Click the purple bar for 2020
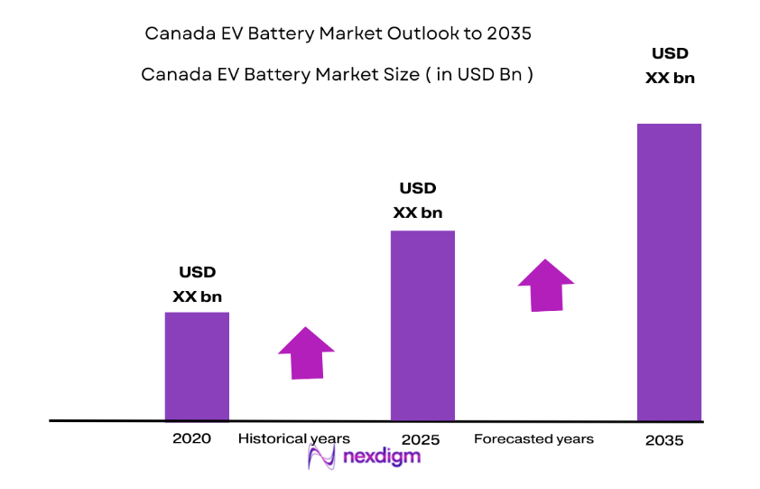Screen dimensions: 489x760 (197, 366)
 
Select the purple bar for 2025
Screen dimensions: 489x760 (422, 325)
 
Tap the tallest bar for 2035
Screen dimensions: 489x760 (669, 272)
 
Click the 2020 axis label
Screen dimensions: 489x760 (191, 438)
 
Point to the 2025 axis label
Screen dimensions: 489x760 (421, 439)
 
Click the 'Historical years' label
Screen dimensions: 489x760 (293, 438)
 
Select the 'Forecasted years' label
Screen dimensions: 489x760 (533, 438)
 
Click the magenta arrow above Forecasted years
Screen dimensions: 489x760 (545, 285)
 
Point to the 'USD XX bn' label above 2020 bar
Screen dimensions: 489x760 (197, 284)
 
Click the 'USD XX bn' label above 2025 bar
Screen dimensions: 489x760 (417, 201)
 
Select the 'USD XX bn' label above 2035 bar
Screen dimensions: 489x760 (669, 65)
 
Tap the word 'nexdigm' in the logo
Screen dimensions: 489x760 (381, 457)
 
